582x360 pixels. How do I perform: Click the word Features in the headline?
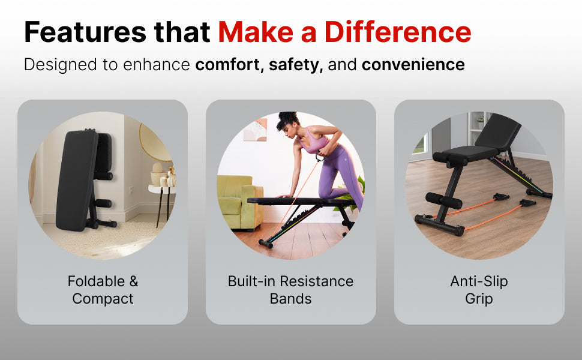85,32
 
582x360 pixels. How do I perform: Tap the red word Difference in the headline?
398,32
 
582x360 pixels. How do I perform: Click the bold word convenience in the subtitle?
413,65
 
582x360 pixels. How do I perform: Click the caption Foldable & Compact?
103,290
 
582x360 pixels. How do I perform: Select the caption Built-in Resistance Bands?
290,290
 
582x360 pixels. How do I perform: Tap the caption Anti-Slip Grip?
479,290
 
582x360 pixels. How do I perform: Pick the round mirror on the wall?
152,143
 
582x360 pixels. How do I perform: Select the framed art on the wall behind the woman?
256,130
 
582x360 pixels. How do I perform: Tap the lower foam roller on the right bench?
443,200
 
